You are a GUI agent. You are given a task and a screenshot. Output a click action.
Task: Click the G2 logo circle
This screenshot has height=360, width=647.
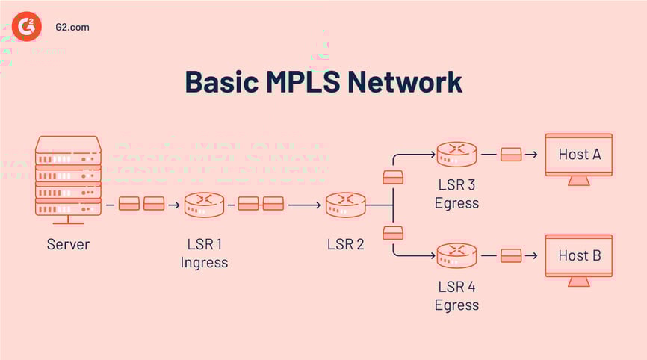tap(27, 26)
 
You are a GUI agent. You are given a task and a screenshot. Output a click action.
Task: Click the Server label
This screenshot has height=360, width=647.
tap(68, 244)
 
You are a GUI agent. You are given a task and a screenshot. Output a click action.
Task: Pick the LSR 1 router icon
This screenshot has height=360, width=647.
tap(204, 204)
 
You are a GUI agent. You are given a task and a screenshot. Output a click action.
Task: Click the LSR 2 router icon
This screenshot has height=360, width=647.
tap(345, 204)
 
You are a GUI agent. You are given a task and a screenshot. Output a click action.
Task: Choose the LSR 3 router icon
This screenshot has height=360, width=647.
tap(456, 155)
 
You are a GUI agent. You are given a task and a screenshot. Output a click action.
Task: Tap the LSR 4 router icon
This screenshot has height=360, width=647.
tap(456, 255)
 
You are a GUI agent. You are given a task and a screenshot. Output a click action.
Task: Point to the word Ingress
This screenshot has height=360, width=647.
tap(204, 262)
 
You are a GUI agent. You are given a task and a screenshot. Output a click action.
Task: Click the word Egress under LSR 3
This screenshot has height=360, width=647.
tap(456, 202)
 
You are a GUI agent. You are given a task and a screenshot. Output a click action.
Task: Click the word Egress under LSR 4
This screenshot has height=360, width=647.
tap(456, 305)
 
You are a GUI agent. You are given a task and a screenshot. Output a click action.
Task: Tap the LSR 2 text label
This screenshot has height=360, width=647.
tap(345, 244)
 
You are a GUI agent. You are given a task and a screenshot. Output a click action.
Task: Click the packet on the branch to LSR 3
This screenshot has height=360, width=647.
tap(393, 177)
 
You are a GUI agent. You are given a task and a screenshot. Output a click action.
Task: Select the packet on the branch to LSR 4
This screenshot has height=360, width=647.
tap(393, 232)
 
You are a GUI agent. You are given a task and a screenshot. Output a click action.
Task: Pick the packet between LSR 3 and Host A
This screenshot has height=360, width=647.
tap(511, 155)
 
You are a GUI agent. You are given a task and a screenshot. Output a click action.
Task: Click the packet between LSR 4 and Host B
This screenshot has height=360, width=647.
tap(511, 255)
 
